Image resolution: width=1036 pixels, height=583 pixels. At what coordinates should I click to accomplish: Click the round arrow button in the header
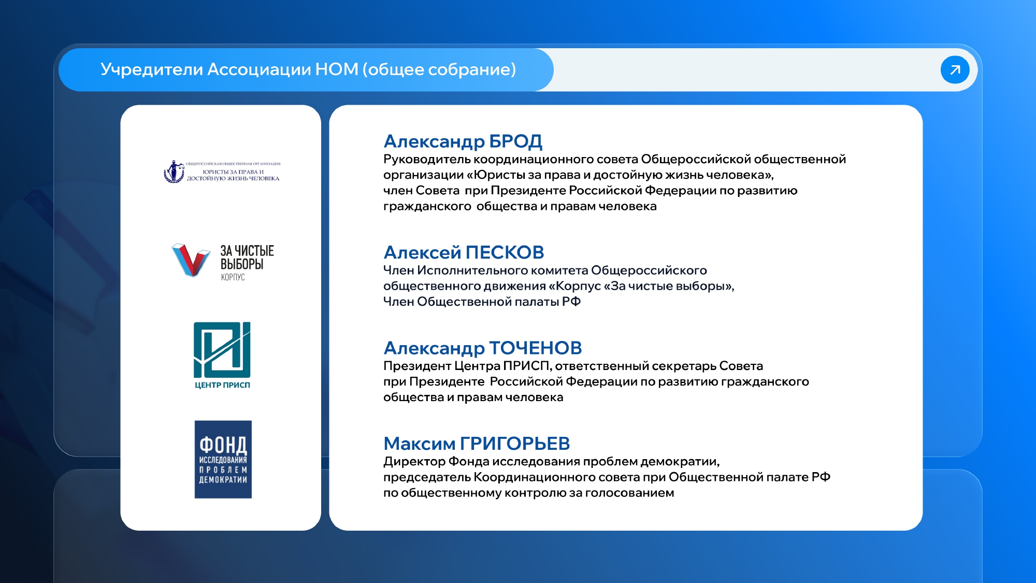[x=955, y=69]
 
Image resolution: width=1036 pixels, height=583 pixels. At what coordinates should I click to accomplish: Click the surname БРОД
[x=515, y=141]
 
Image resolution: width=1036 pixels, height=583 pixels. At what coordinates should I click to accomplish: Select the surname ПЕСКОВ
[x=505, y=252]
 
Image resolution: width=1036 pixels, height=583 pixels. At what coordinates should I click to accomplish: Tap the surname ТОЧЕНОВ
[x=536, y=348]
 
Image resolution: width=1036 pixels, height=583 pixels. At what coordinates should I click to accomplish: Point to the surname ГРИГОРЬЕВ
[x=515, y=444]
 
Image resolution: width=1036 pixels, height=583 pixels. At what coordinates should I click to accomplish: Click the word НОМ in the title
[x=337, y=69]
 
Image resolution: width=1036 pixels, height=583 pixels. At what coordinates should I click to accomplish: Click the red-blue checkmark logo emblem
[x=191, y=260]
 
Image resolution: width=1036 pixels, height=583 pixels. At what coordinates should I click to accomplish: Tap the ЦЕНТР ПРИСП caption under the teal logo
[x=222, y=385]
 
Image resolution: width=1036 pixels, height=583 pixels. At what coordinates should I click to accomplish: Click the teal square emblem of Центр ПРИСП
[x=222, y=350]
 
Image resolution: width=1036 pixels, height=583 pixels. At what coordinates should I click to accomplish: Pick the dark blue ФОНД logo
[x=223, y=460]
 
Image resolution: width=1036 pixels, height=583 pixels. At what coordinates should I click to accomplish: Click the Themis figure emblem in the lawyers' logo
[x=174, y=171]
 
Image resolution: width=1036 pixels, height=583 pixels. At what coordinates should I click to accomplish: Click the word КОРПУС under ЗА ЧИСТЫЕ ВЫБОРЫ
[x=233, y=277]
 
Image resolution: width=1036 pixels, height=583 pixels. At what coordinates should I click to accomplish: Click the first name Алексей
[x=422, y=252]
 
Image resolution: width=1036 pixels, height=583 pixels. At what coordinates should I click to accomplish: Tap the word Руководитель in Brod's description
[x=427, y=160]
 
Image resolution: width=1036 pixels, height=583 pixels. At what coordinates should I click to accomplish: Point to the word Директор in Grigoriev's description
[x=414, y=462]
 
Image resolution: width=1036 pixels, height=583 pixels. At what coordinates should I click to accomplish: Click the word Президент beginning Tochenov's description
[x=417, y=366]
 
